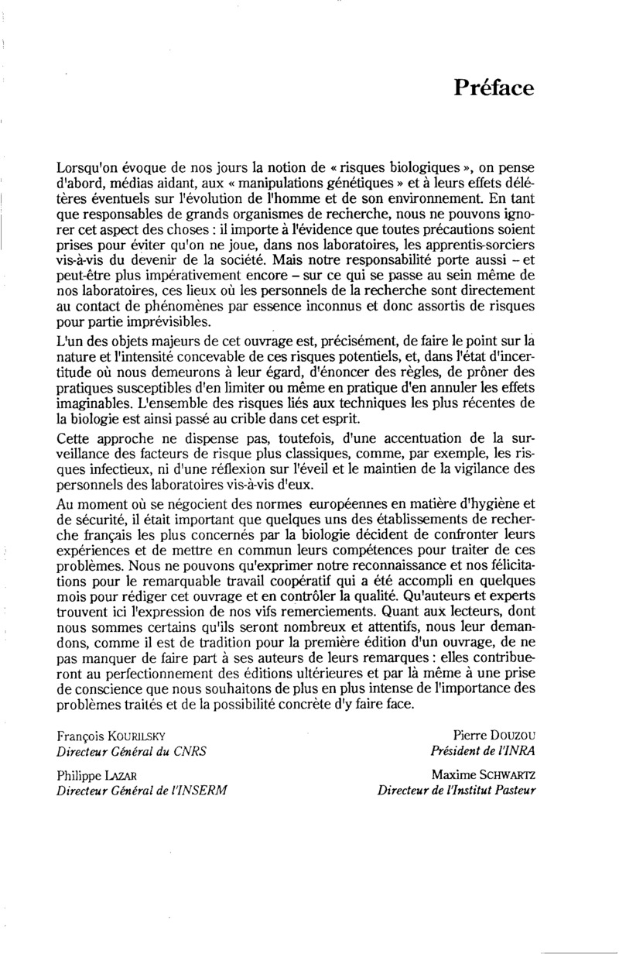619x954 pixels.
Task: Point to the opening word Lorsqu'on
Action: [87, 168]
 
